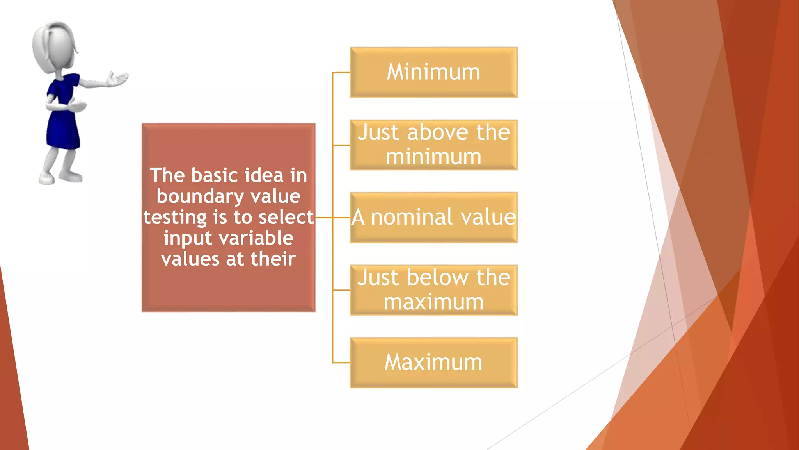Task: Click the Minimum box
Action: pos(433,72)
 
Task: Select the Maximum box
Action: pos(433,362)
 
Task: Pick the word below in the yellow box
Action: pos(437,278)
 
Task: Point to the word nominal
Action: pos(412,217)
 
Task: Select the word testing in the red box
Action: pos(175,218)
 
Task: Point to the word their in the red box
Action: pos(273,259)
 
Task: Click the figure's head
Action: pos(55,47)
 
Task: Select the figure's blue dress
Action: pos(62,117)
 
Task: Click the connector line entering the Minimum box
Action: pos(341,73)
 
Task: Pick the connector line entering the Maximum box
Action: pos(341,363)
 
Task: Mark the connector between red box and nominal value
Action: pos(324,218)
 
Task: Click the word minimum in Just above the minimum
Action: pos(433,157)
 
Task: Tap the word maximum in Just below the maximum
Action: pos(433,302)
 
